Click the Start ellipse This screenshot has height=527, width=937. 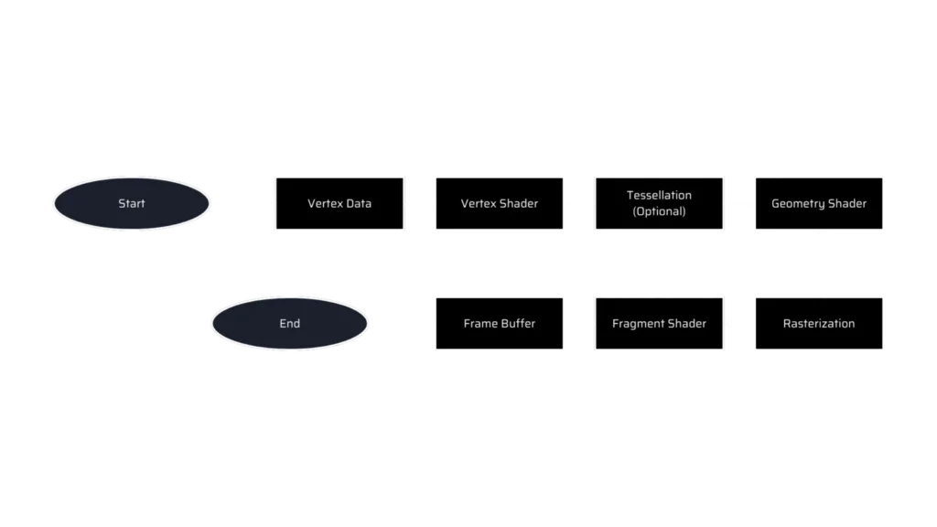pyautogui.click(x=132, y=203)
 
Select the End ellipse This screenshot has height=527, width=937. pyautogui.click(x=290, y=323)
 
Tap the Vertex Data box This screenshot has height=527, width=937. pyautogui.click(x=339, y=203)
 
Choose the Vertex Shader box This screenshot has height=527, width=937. pyautogui.click(x=500, y=203)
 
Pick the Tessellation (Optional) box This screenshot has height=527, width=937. pyautogui.click(x=659, y=203)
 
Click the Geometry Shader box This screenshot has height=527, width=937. pyautogui.click(x=819, y=203)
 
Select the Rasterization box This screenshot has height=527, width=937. pyautogui.click(x=819, y=323)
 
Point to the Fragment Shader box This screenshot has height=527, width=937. pyautogui.click(x=659, y=323)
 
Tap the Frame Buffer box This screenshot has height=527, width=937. pyautogui.click(x=500, y=323)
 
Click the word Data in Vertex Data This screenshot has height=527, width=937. pyautogui.click(x=358, y=203)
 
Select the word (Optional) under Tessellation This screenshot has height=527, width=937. pyautogui.click(x=659, y=211)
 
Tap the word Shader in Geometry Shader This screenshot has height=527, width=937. pyautogui.click(x=847, y=203)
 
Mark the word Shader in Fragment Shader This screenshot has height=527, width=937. pyautogui.click(x=686, y=323)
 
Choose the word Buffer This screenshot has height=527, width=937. pyautogui.click(x=518, y=323)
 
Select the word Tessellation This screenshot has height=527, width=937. pyautogui.click(x=659, y=195)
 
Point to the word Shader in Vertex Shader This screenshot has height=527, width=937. pyautogui.click(x=520, y=203)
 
